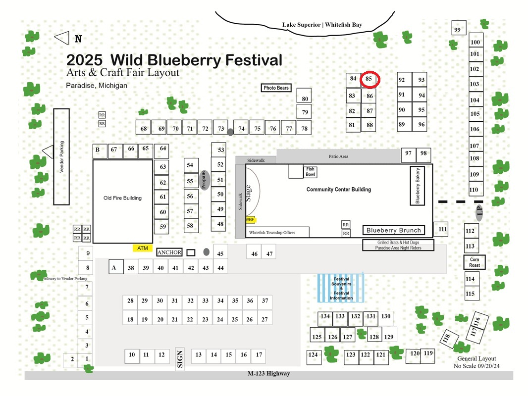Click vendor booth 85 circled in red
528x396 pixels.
pos(369,80)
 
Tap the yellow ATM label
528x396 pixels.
pos(143,248)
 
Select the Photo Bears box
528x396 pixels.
pos(276,88)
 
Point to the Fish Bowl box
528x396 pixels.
pos(310,172)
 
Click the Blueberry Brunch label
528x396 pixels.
pos(394,230)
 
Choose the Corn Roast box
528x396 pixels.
pos(475,262)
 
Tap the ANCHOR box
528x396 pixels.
pos(169,252)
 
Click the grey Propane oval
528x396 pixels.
pos(204,180)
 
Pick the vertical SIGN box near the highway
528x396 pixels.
pos(180,359)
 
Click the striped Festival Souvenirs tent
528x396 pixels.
pos(341,288)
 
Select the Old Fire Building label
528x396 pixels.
pos(122,198)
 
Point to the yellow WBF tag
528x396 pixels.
pos(251,220)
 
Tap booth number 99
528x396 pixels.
pos(459,28)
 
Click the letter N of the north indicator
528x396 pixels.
pos(78,39)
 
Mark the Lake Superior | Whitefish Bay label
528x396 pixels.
pos(322,25)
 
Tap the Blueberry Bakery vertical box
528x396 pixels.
pos(418,186)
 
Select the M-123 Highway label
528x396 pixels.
pos(269,373)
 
